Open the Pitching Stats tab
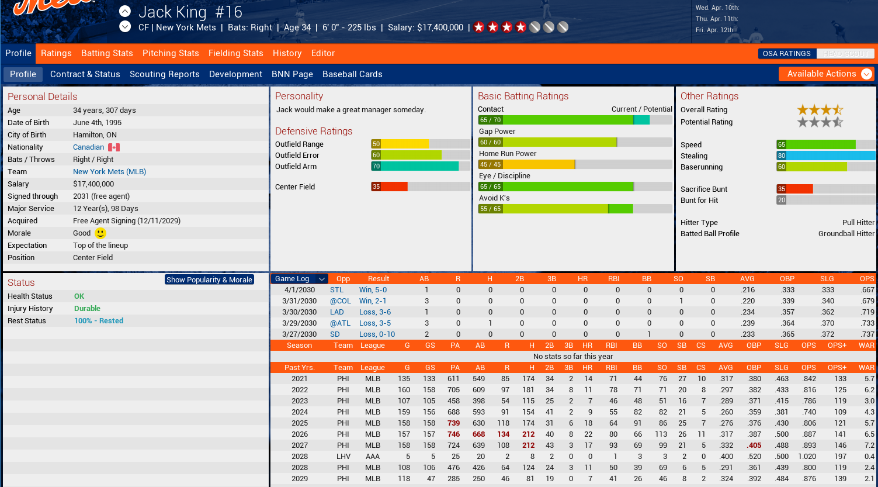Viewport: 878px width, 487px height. [171, 53]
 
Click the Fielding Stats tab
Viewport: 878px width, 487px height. [235, 53]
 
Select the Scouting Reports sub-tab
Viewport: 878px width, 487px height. [164, 74]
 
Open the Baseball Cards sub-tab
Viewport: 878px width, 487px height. [352, 74]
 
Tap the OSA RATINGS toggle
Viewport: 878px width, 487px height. [786, 54]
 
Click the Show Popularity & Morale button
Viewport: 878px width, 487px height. [209, 279]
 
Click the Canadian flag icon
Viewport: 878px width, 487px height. [114, 147]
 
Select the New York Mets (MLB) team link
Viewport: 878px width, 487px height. [109, 172]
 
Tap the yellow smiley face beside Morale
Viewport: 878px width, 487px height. [100, 233]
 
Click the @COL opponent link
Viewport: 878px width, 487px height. [341, 301]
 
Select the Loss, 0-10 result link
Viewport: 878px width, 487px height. [377, 334]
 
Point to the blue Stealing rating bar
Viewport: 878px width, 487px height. [825, 156]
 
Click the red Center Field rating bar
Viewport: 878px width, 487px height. [390, 187]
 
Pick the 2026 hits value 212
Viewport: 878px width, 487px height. [528, 434]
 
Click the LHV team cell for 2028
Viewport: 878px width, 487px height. [343, 457]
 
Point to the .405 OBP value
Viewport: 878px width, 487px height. [754, 445]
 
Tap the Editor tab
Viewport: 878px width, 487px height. [322, 53]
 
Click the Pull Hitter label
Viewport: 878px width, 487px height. [858, 223]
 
